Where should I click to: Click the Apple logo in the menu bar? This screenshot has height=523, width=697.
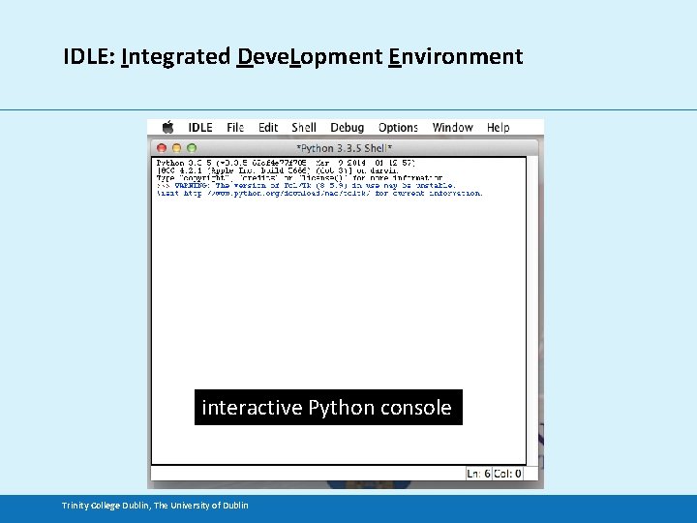coord(167,127)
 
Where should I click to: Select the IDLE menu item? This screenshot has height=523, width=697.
coord(200,127)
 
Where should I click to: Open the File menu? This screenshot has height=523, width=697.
coord(235,127)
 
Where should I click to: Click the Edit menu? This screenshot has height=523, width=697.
coord(268,127)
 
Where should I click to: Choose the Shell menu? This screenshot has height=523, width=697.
coord(304,127)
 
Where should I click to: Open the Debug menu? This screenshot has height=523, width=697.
coord(347,127)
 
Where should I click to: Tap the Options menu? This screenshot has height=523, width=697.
coord(398,127)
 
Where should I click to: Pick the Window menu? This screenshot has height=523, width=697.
coord(452,127)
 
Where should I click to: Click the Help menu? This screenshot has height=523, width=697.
coord(498,127)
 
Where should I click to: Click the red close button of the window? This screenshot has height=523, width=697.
coord(163,148)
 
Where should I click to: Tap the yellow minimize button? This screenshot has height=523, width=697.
coord(177,148)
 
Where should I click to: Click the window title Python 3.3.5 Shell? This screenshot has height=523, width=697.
coord(344,148)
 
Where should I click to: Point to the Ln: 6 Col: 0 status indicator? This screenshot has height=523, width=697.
coord(494,473)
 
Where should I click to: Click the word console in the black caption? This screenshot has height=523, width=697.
coord(415,408)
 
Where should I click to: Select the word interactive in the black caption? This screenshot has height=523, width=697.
coord(252,408)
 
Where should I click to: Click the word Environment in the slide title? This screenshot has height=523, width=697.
coord(455,56)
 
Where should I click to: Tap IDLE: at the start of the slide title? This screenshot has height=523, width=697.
coord(90,56)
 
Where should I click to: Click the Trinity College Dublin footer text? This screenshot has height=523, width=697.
coord(155,505)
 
